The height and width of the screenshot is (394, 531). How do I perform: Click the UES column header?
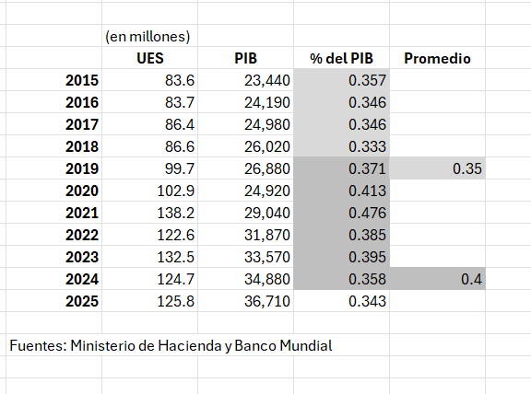click(x=150, y=59)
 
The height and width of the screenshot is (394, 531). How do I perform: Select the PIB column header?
click(x=246, y=59)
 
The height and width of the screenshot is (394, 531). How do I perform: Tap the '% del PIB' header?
click(x=341, y=59)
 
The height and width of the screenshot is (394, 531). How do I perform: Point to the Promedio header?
click(x=437, y=59)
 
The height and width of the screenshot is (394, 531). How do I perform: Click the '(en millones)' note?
click(x=147, y=37)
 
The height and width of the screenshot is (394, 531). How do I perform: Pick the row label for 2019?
click(x=82, y=168)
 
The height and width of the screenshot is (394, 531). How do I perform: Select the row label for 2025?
click(x=82, y=301)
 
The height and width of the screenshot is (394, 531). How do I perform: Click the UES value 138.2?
click(x=176, y=213)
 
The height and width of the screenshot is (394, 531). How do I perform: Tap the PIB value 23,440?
click(x=267, y=80)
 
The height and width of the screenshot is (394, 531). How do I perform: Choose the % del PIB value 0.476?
click(x=367, y=213)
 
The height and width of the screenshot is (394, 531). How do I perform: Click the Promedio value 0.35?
click(x=467, y=168)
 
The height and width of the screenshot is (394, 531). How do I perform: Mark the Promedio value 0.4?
click(x=471, y=279)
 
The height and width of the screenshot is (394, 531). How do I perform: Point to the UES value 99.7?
click(x=180, y=168)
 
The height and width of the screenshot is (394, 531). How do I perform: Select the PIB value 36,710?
click(x=267, y=301)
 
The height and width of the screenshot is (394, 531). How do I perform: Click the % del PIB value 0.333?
click(x=367, y=146)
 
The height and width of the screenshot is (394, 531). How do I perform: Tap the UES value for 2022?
click(x=176, y=235)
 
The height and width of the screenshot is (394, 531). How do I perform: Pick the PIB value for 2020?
click(x=267, y=191)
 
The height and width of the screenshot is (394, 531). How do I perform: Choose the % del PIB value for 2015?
click(x=367, y=80)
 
